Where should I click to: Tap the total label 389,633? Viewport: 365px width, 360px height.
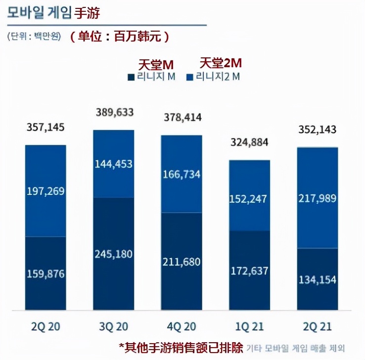(x=114, y=113)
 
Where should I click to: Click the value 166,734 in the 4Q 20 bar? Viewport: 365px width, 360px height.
(x=182, y=175)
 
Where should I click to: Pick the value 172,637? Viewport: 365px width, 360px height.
(x=249, y=270)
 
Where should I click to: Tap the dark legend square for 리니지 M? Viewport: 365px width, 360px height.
(x=131, y=77)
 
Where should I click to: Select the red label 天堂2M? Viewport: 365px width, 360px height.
(x=221, y=63)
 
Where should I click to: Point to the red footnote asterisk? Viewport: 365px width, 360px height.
(x=121, y=347)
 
